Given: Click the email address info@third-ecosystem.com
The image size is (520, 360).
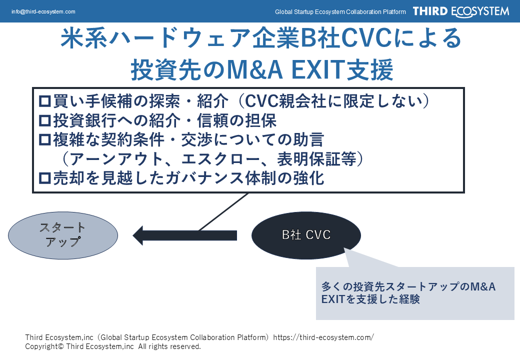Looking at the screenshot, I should click(43, 11).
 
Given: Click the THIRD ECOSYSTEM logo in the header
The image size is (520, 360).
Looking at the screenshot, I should click(460, 11).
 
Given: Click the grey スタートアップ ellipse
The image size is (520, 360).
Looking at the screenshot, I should click(63, 234).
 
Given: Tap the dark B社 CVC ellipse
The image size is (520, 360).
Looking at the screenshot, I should click(306, 234).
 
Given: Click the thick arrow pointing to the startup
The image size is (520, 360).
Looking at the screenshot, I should click(185, 235).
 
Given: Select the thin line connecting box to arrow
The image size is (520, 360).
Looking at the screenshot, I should click(223, 211).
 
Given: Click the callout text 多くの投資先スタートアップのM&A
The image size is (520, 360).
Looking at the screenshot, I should click(408, 287).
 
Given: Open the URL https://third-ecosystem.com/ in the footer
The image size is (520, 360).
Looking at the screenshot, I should click(323, 337).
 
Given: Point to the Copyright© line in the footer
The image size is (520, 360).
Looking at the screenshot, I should click(113, 346).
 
